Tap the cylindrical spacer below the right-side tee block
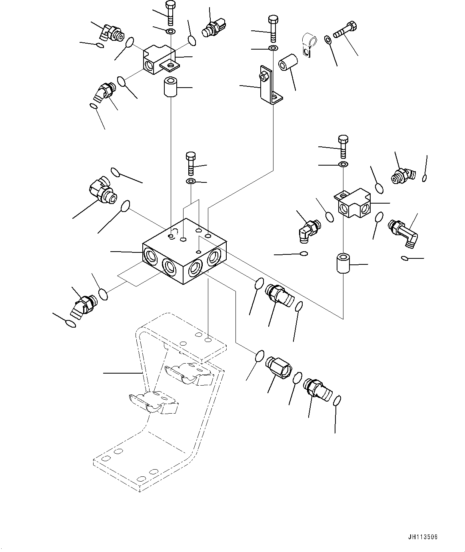pos(343,263)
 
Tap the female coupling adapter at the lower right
pos(279,366)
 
